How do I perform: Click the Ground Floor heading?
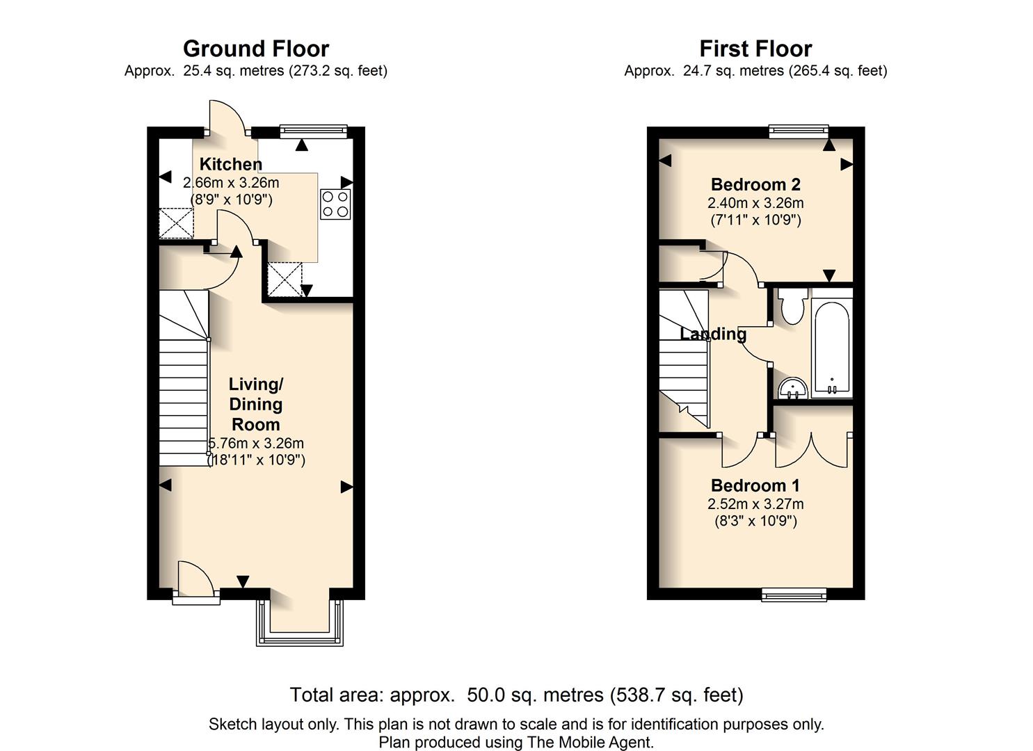click(255, 49)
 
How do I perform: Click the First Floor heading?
click(755, 49)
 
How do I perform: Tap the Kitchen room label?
click(231, 164)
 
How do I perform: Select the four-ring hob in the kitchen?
click(335, 204)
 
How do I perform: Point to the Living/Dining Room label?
click(256, 404)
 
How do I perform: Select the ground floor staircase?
click(184, 379)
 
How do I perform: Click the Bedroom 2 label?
click(755, 184)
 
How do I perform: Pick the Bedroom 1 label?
click(755, 485)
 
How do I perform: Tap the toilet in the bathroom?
click(792, 306)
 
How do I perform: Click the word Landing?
click(713, 334)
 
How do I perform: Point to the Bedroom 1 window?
click(794, 595)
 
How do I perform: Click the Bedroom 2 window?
click(799, 131)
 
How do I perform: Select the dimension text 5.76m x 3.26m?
click(256, 443)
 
